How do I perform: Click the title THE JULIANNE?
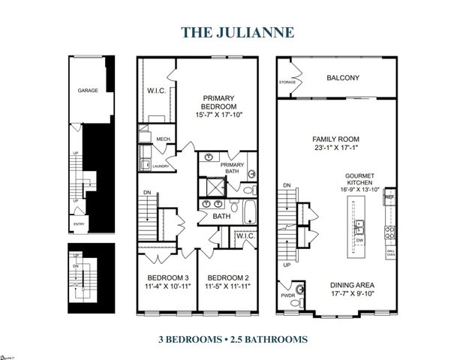(232, 33)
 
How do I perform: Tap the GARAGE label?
(88, 90)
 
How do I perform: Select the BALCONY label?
(343, 77)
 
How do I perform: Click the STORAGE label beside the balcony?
(288, 81)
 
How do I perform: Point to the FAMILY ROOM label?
(336, 139)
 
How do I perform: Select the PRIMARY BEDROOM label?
(220, 103)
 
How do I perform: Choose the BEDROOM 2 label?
(227, 277)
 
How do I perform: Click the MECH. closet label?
(164, 139)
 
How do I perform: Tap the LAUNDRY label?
(161, 166)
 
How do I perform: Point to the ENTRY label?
(78, 224)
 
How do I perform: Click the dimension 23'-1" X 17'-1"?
(336, 148)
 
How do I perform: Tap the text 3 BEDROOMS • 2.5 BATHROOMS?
(233, 339)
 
